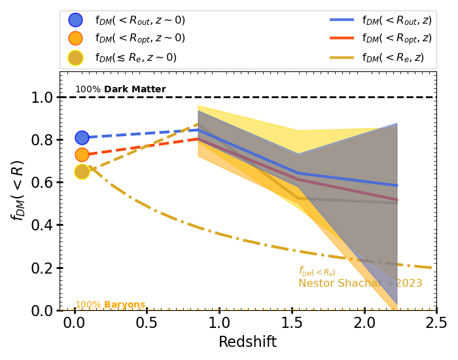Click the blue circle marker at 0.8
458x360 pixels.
[82, 137]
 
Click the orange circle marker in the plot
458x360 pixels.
[82, 155]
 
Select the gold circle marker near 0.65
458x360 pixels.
[82, 171]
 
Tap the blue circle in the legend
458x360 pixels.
[76, 20]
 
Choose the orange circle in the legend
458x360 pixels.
[76, 39]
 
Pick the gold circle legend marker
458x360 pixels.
[76, 58]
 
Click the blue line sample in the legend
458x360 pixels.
[342, 20]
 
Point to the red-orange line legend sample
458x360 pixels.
[342, 39]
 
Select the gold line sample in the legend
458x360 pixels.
[342, 58]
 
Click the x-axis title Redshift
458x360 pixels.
[247, 342]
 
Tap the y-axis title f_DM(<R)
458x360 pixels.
[18, 190]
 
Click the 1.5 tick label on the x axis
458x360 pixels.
[291, 323]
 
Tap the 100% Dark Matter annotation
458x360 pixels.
[120, 90]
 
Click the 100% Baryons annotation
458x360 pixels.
[110, 305]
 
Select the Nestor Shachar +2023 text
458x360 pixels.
[361, 283]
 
